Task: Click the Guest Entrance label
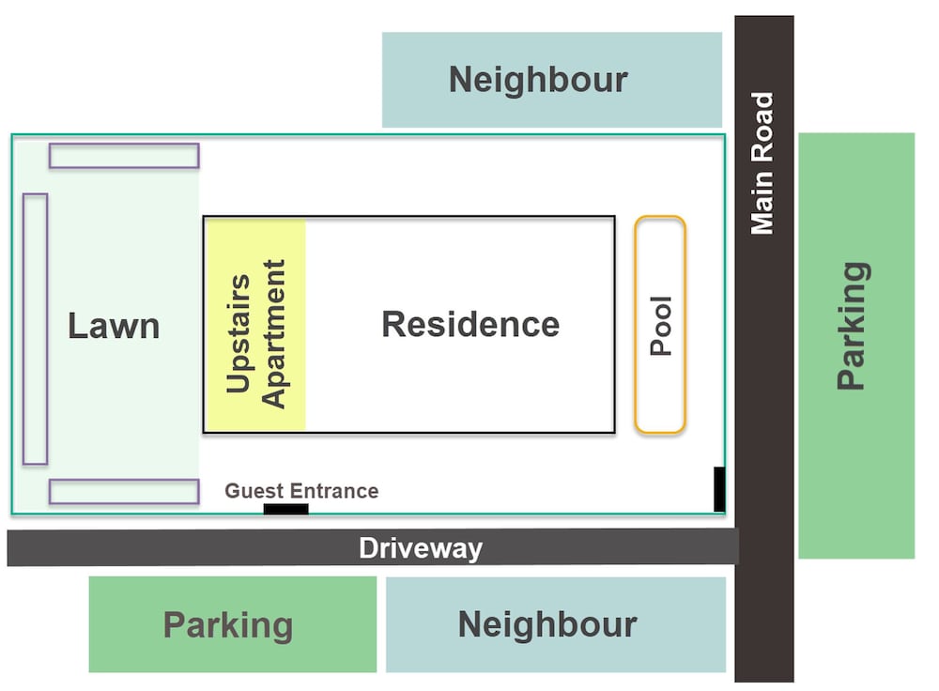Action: pos(301,491)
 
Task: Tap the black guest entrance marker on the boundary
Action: pos(286,509)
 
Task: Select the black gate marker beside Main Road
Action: pos(719,489)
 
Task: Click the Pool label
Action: pos(661,326)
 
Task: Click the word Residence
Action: pos(470,325)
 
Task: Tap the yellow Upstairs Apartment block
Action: pos(255,325)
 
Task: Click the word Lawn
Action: pos(114,326)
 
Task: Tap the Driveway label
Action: pos(421,548)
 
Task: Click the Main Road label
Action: pos(762,163)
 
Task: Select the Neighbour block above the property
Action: pos(551,80)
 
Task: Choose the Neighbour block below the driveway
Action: pos(556,624)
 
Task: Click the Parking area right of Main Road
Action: pos(856,345)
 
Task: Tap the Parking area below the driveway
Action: pos(232,624)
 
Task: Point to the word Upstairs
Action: pos(239,333)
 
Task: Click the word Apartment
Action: pos(273,334)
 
